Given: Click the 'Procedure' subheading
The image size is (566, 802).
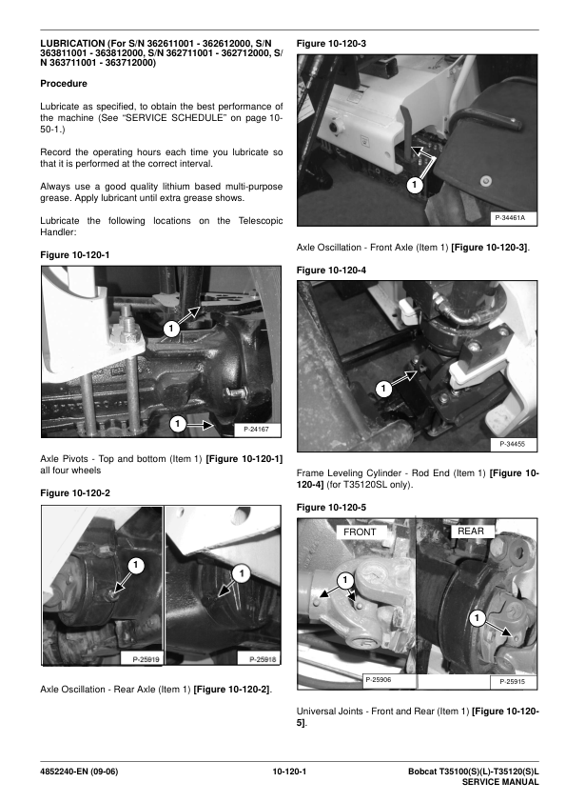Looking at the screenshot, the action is click(64, 84).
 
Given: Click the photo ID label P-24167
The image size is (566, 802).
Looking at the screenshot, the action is click(256, 430).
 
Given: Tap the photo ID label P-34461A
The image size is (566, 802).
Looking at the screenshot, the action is click(509, 218).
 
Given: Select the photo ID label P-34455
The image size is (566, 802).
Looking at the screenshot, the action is click(512, 444).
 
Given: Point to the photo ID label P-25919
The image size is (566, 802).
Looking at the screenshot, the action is click(146, 659).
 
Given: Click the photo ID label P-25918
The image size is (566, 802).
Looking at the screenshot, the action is click(263, 659).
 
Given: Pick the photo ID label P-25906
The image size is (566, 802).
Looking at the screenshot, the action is click(379, 680).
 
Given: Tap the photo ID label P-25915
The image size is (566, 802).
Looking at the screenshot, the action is click(512, 681).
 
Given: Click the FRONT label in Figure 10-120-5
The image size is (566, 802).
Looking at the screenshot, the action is click(360, 531).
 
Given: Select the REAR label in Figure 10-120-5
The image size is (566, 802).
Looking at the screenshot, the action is click(471, 531).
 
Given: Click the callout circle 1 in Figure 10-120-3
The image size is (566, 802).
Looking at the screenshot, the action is click(415, 185).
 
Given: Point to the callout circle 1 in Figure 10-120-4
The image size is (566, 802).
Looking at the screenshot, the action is click(383, 390).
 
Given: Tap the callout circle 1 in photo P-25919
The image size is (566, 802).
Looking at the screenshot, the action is click(135, 565).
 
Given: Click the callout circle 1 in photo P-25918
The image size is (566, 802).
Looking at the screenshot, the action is click(242, 573).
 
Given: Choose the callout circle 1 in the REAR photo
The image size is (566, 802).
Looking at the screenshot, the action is click(477, 618).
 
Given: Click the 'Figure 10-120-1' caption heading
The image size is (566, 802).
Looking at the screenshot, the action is click(75, 254).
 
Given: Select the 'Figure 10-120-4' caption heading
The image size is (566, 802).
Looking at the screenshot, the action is click(331, 271).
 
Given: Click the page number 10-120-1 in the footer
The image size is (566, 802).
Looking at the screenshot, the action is click(289, 772).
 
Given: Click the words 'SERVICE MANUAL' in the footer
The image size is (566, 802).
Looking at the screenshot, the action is click(500, 782).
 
